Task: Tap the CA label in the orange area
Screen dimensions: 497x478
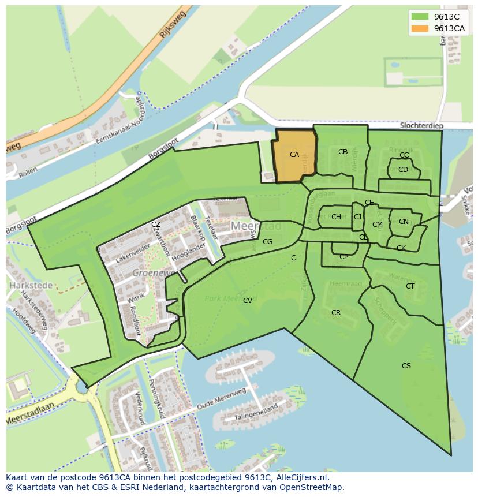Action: (x=294, y=155)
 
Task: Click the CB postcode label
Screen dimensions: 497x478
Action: (x=343, y=152)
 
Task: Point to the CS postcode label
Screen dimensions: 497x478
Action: (x=406, y=366)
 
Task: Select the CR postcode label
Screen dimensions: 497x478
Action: (x=336, y=313)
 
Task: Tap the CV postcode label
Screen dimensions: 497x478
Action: (x=247, y=301)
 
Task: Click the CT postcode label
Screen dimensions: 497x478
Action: (x=410, y=286)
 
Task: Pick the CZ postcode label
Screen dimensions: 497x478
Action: (x=156, y=225)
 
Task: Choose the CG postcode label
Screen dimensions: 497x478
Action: (x=267, y=242)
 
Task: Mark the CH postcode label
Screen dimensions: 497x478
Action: (x=336, y=217)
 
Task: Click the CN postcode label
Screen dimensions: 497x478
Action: (x=404, y=222)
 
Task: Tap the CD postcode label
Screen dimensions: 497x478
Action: (x=403, y=170)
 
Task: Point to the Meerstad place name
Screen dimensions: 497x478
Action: (x=256, y=226)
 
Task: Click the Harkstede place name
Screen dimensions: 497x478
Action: (x=30, y=285)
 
